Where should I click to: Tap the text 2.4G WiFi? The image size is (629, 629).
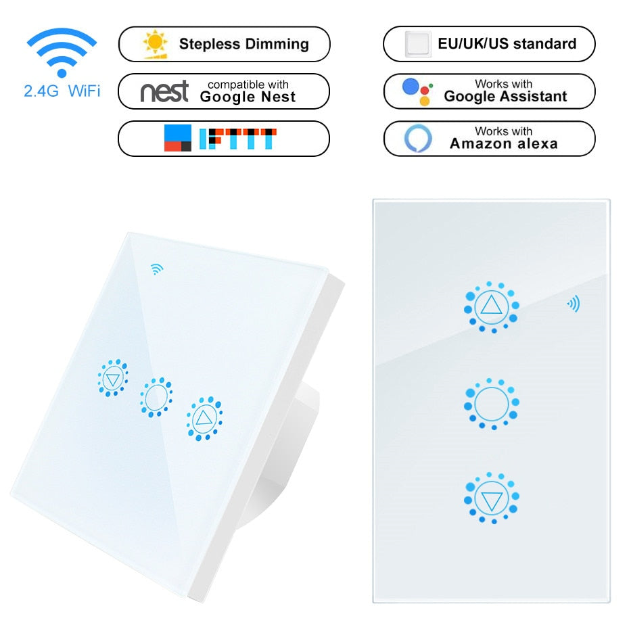[62, 90]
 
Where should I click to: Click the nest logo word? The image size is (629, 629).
[164, 91]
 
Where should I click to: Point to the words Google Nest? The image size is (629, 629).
[248, 97]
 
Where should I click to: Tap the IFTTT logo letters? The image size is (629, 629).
[238, 138]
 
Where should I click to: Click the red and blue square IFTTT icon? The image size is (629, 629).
[178, 138]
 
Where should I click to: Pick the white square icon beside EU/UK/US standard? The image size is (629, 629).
[418, 45]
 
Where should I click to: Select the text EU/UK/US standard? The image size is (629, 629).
[507, 45]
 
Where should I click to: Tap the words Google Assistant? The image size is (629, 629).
[505, 97]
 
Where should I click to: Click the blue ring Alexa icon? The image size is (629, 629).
[418, 138]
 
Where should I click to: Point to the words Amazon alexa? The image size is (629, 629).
[504, 143]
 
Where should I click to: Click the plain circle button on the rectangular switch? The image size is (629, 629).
[492, 404]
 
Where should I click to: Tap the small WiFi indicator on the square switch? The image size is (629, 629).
[157, 269]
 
